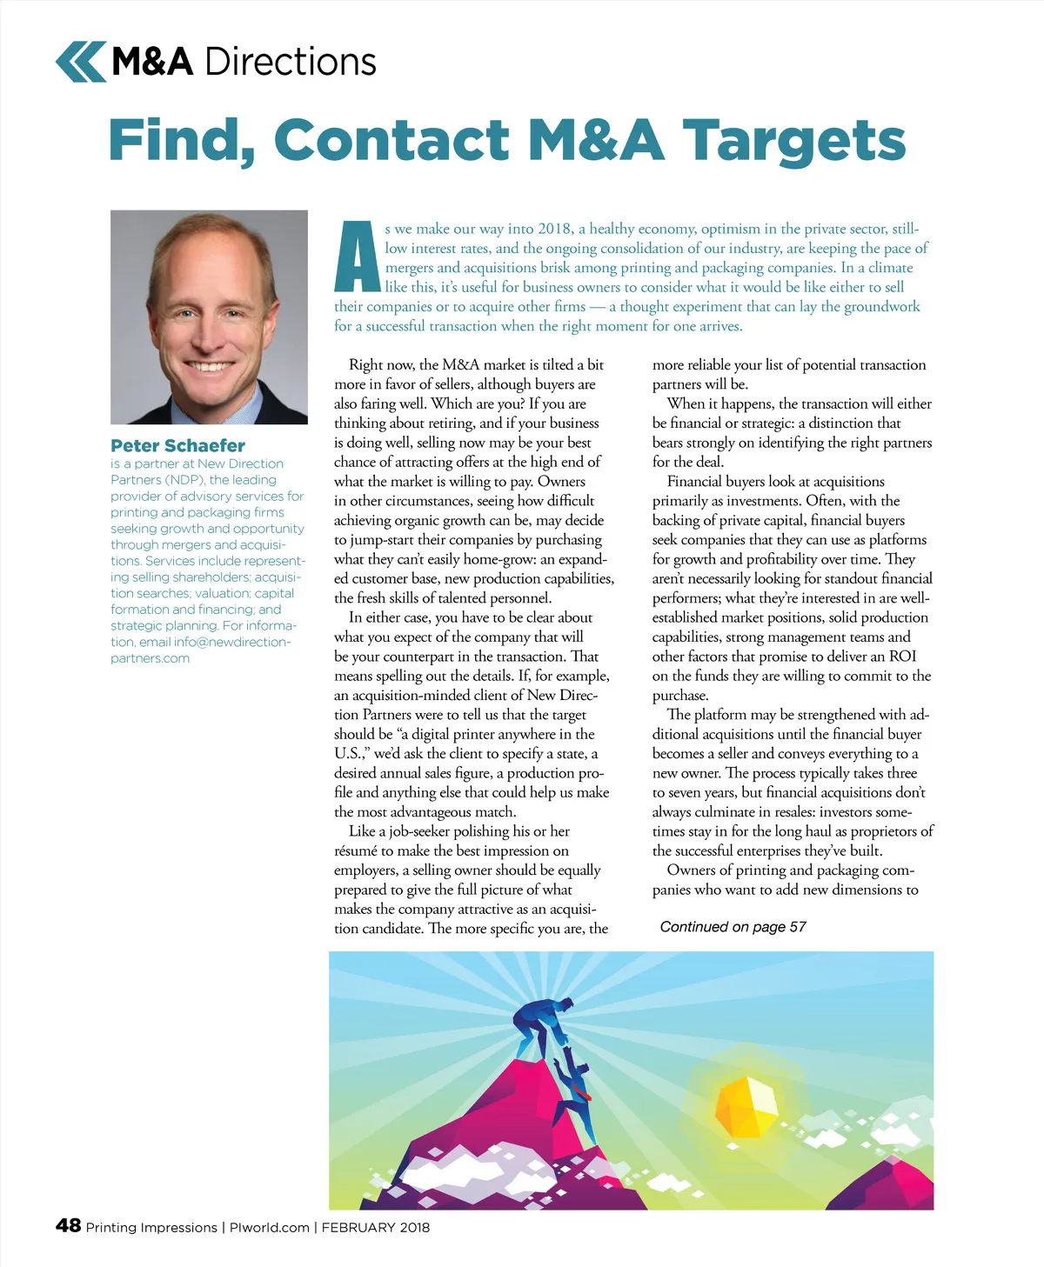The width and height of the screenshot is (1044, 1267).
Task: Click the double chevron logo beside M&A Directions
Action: [81, 62]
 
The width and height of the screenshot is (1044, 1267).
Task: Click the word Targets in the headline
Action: [793, 141]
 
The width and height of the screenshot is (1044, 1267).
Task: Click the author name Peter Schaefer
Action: [177, 445]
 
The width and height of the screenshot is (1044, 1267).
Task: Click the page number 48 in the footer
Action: [68, 1225]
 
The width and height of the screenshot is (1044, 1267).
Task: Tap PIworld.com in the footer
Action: [269, 1227]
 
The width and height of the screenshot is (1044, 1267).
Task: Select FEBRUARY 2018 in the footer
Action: [375, 1227]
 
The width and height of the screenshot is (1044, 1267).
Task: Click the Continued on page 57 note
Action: [733, 927]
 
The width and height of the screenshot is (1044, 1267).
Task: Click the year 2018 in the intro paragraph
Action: [555, 229]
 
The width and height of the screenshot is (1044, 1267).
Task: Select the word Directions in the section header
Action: [291, 62]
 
